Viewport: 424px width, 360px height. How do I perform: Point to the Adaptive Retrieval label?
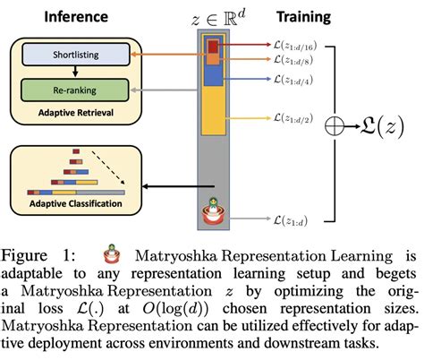point(75,113)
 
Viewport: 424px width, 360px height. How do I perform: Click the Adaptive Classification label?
point(75,204)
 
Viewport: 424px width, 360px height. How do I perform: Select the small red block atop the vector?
point(213,46)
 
